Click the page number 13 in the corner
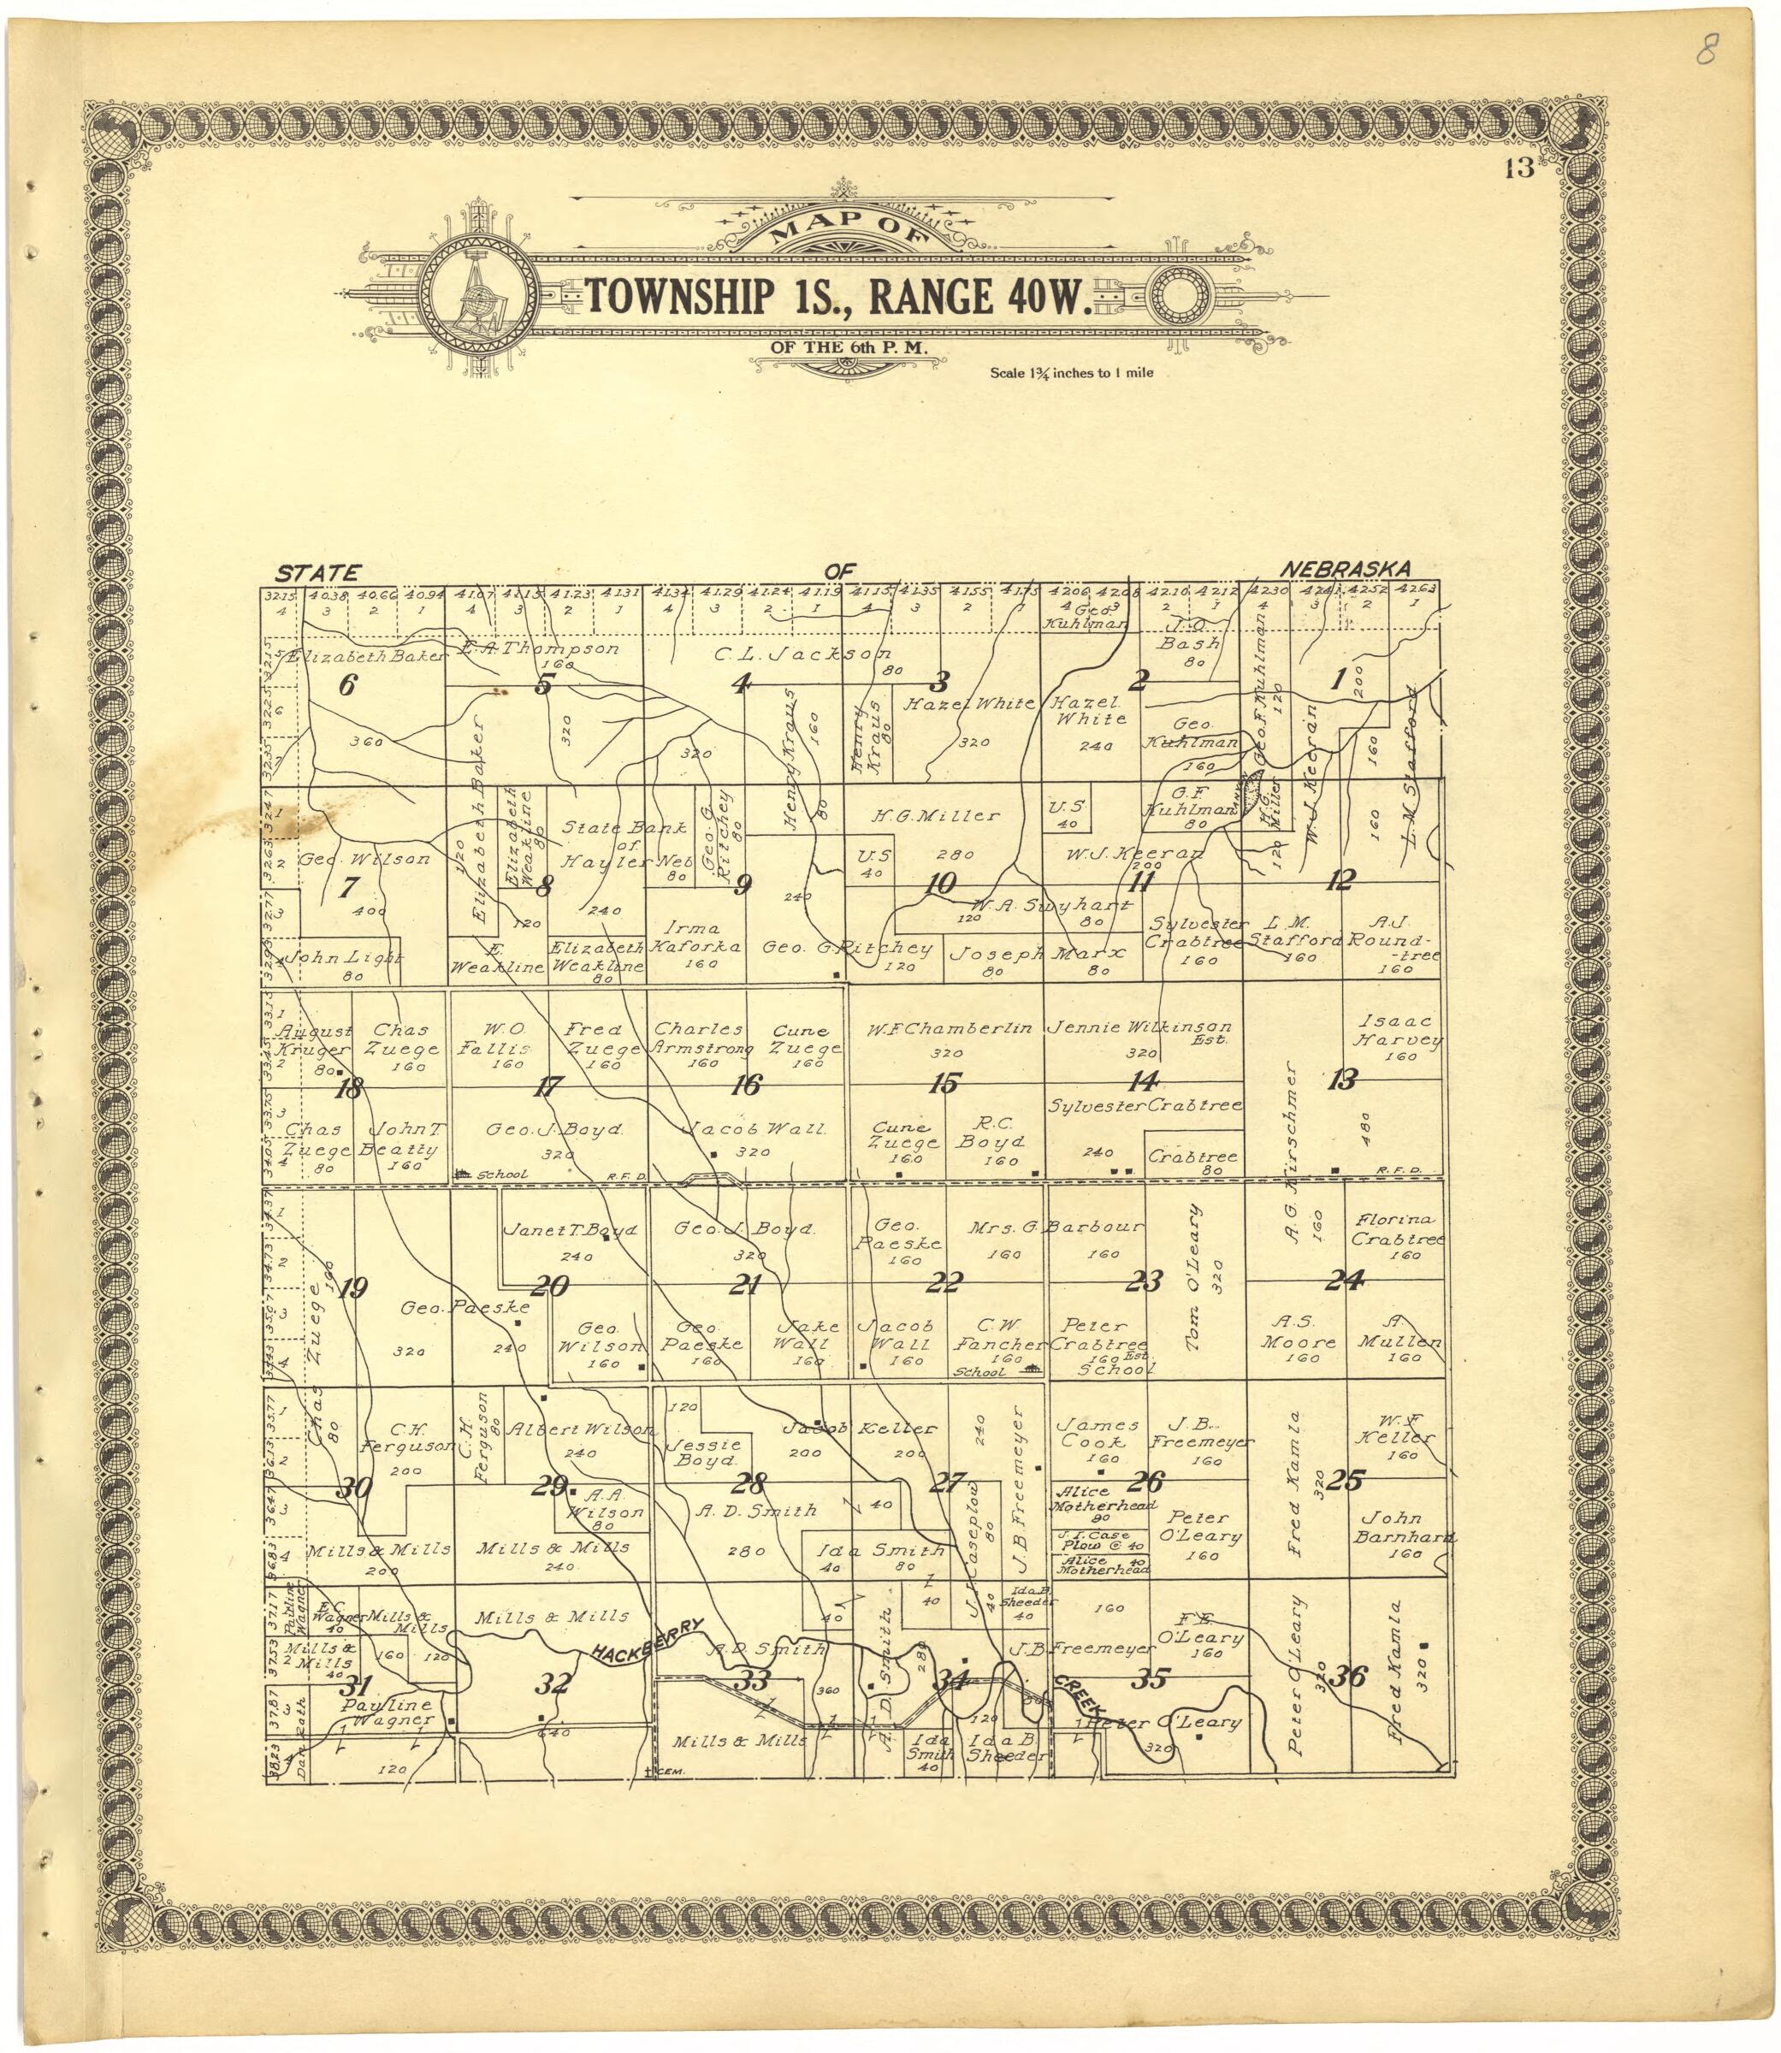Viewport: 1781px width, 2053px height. coord(1519,169)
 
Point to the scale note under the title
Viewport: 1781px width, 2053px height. coord(1070,374)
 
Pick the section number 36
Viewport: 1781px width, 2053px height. coord(1349,1677)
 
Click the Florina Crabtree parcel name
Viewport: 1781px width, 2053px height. coord(1396,1229)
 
